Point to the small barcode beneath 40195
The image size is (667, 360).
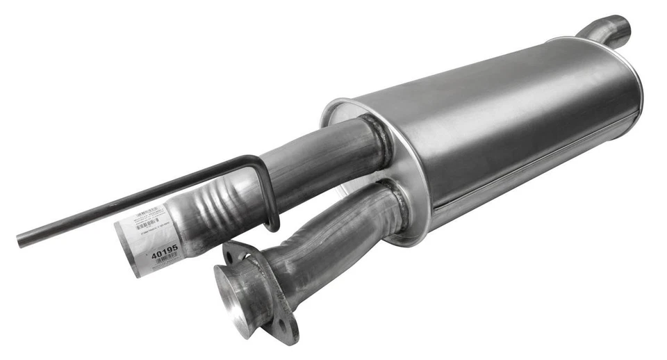click(x=166, y=259)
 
